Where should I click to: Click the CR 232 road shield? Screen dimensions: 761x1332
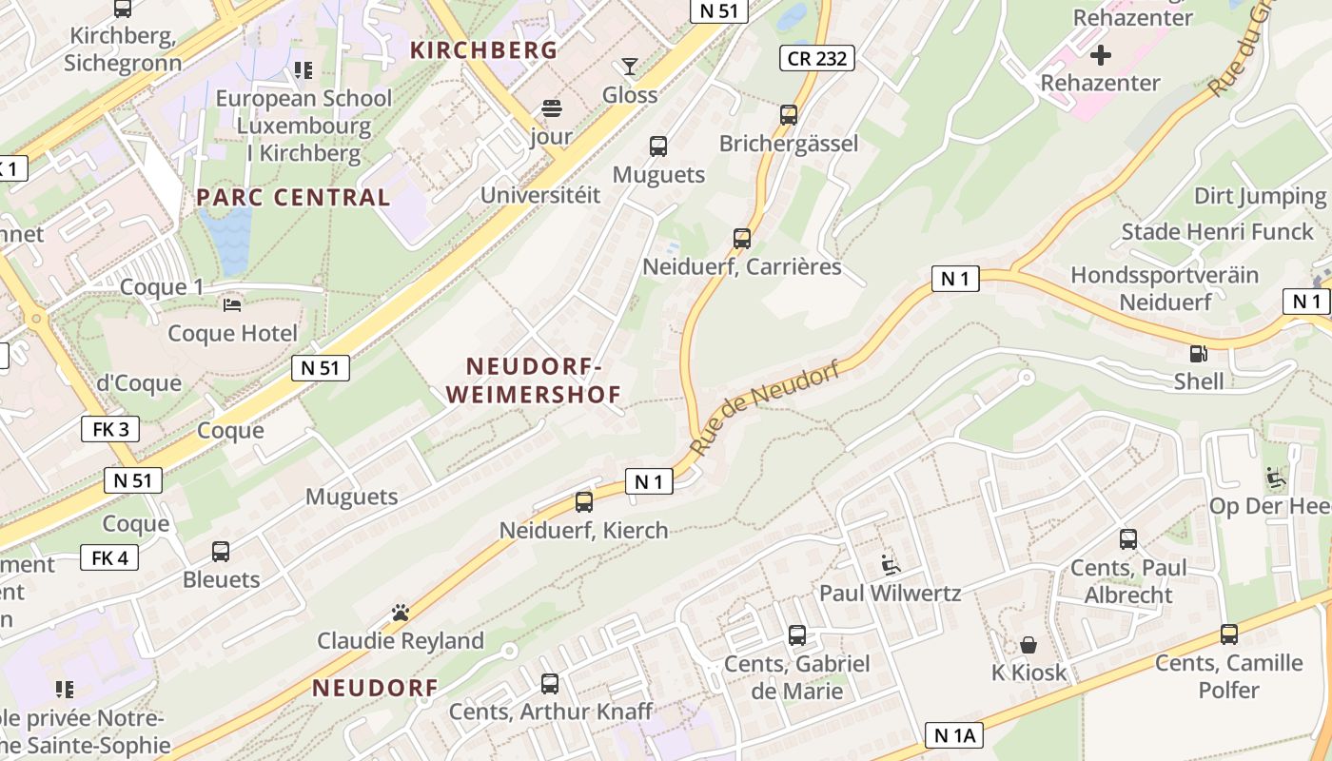[816, 58]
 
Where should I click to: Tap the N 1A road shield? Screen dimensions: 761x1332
[954, 734]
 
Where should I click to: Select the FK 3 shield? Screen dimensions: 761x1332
[110, 429]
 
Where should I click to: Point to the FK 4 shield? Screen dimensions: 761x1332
[109, 557]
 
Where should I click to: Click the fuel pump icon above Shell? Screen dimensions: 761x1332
[1198, 354]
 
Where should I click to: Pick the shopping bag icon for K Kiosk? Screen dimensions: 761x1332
[1028, 645]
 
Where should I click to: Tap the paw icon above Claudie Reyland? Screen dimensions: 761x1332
[401, 613]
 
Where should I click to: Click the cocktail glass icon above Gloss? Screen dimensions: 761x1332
[629, 67]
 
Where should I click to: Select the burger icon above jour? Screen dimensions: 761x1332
[552, 107]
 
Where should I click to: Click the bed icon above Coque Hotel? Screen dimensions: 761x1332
[232, 305]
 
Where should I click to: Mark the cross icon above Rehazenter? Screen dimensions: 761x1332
[1101, 54]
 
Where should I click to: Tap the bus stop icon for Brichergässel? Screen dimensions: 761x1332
[789, 115]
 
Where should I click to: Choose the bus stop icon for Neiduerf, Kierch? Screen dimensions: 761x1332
[584, 501]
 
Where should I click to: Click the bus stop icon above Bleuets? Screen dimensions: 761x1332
[221, 551]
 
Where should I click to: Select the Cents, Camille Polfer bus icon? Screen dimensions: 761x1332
[1229, 634]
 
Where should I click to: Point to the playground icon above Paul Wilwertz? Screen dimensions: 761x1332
[891, 565]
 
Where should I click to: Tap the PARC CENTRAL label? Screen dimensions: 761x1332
[293, 198]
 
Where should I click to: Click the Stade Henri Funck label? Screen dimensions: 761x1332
[1217, 232]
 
